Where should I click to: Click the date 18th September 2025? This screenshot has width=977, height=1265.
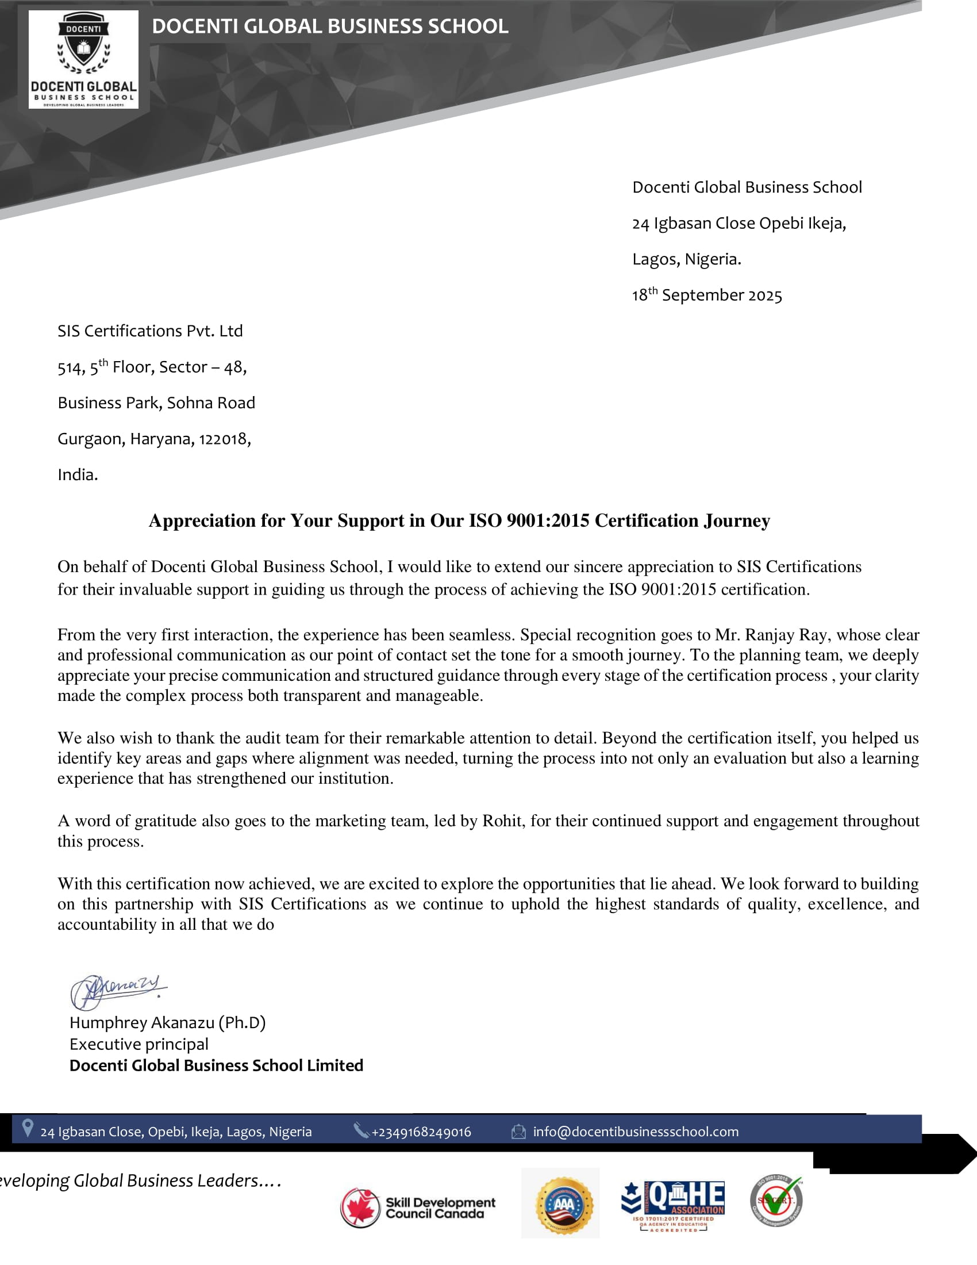(706, 295)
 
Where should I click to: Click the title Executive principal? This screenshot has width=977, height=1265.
(139, 1044)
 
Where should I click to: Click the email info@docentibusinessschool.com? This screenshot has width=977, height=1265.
(636, 1131)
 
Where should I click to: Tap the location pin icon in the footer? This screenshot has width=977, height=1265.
(27, 1128)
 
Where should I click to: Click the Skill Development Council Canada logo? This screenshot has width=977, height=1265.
(417, 1208)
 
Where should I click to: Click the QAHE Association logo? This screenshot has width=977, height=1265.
(672, 1205)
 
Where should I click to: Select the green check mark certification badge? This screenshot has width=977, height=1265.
(777, 1201)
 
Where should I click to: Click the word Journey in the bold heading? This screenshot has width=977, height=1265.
(737, 520)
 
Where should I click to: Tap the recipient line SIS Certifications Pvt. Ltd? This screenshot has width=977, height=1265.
(150, 331)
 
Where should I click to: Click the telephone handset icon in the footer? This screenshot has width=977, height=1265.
(361, 1130)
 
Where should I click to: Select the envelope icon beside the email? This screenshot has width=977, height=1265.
(518, 1131)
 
